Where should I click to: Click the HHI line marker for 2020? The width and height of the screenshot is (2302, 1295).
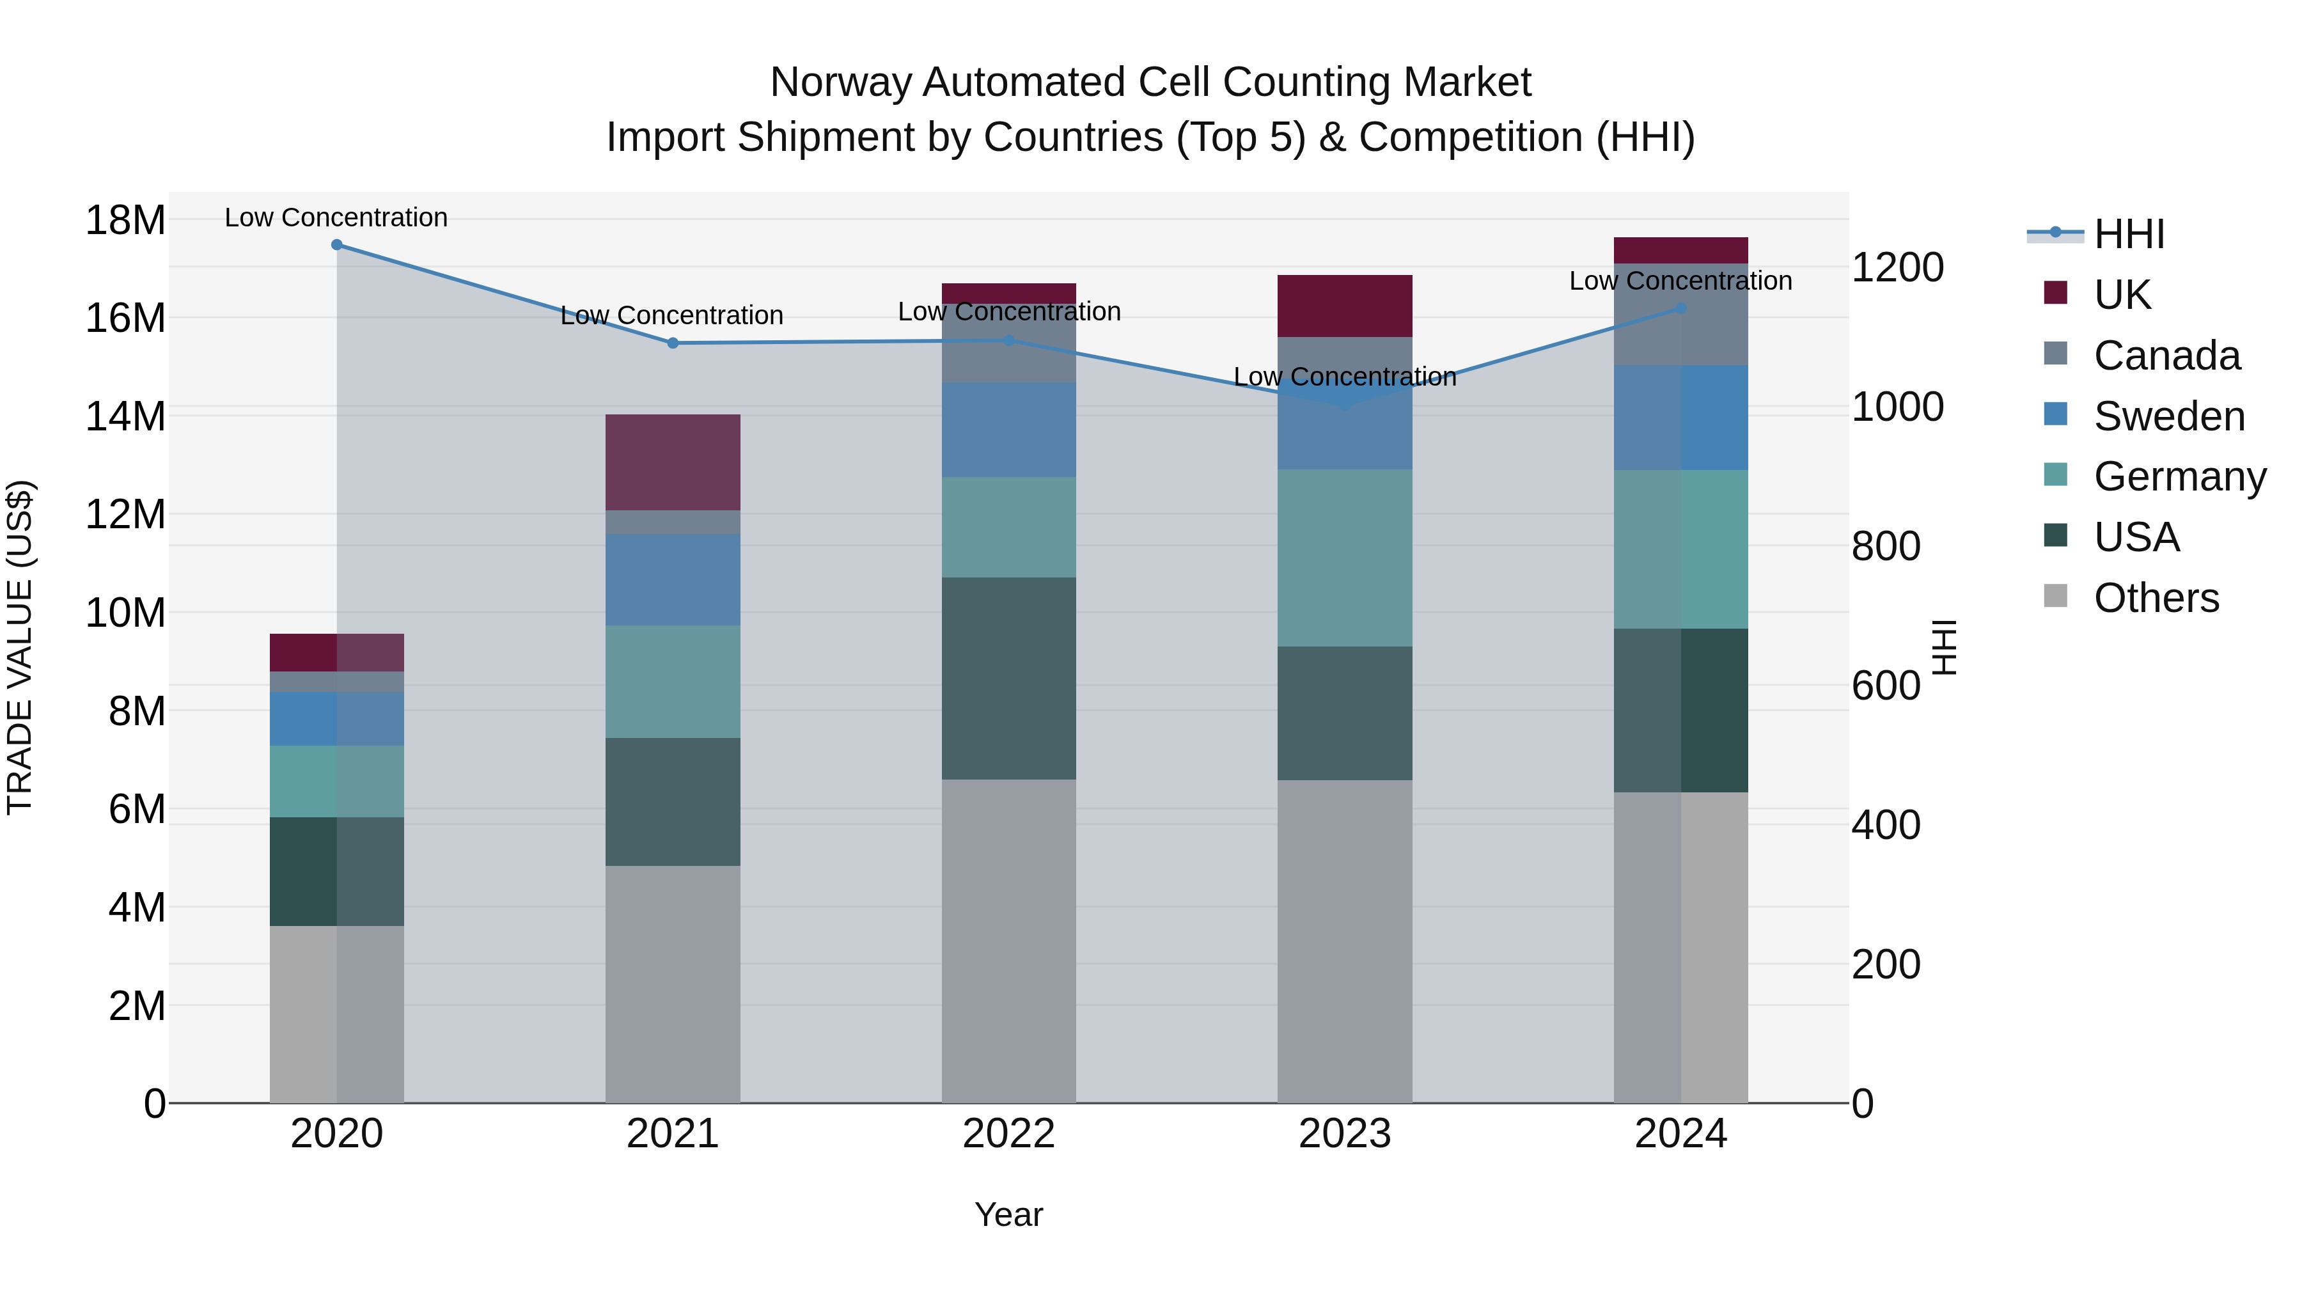point(337,245)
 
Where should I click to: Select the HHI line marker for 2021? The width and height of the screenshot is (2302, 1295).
point(673,343)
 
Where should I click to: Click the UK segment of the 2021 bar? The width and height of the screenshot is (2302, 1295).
point(673,462)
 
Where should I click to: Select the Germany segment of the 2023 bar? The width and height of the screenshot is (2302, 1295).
point(1344,558)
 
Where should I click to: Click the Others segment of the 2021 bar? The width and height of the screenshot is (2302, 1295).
point(673,983)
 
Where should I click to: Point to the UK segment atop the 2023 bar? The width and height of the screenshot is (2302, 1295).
point(1344,306)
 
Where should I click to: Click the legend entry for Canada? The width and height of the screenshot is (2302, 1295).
point(2166,356)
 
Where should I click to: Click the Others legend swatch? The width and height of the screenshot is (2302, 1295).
point(2055,596)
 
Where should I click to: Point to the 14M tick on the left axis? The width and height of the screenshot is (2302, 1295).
point(125,416)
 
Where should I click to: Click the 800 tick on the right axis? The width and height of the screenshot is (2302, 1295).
point(1886,546)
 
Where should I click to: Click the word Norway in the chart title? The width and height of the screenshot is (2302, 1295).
point(841,82)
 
